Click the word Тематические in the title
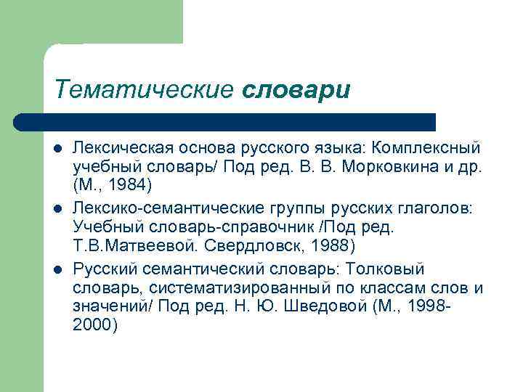point(142,91)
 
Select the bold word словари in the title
point(296,91)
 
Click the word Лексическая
point(123,148)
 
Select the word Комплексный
point(426,148)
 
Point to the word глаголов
point(437,209)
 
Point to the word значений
point(110,306)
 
